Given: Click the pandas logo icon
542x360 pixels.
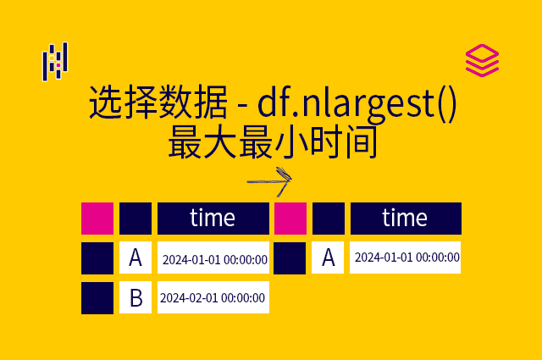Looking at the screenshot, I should pyautogui.click(x=55, y=61).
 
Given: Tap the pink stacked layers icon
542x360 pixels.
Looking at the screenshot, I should pyautogui.click(x=482, y=61).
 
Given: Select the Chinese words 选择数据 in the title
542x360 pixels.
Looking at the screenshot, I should pyautogui.click(x=158, y=105).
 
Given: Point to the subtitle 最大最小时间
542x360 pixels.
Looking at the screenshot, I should pyautogui.click(x=272, y=141).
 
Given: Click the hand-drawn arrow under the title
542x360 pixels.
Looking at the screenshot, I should pyautogui.click(x=270, y=180).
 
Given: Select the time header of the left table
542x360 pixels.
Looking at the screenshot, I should pyautogui.click(x=213, y=218).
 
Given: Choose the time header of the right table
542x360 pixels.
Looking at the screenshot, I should pyautogui.click(x=405, y=218).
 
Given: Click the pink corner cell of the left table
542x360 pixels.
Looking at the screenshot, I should pyautogui.click(x=97, y=218).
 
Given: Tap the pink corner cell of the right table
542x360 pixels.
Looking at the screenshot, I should pyautogui.click(x=290, y=218).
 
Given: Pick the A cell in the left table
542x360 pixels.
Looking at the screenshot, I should pyautogui.click(x=135, y=258).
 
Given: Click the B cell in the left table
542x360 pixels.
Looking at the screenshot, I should pyautogui.click(x=135, y=297).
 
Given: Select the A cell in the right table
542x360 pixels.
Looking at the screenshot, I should pyautogui.click(x=328, y=258).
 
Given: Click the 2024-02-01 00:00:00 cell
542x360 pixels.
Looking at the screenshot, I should pyautogui.click(x=213, y=297).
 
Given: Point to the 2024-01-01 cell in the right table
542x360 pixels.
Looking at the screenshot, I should pyautogui.click(x=406, y=257).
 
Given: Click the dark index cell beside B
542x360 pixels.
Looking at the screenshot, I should pyautogui.click(x=97, y=297).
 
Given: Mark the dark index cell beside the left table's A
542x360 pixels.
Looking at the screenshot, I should pyautogui.click(x=97, y=258).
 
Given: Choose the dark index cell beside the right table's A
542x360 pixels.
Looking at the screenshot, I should pyautogui.click(x=290, y=258).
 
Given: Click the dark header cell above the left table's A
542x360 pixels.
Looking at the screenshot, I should pyautogui.click(x=135, y=218).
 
